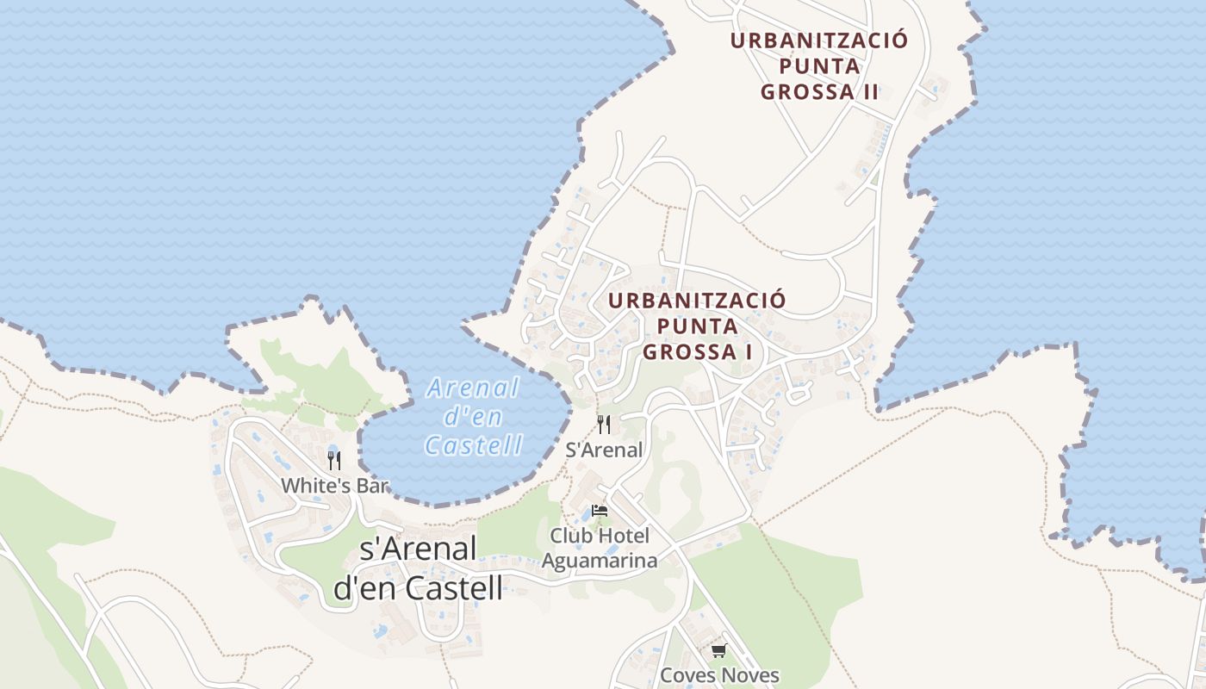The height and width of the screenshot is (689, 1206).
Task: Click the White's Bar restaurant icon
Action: pyautogui.click(x=333, y=461)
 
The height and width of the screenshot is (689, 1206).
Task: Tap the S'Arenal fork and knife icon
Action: pyautogui.click(x=604, y=425)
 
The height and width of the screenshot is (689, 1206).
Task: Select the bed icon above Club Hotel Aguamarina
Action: pyautogui.click(x=600, y=511)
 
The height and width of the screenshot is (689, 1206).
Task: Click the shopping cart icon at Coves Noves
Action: pyautogui.click(x=718, y=650)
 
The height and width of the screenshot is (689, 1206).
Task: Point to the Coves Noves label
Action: pyautogui.click(x=719, y=675)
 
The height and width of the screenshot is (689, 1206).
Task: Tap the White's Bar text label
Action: pyautogui.click(x=335, y=486)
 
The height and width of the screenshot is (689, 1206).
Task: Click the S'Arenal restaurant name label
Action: pyautogui.click(x=604, y=450)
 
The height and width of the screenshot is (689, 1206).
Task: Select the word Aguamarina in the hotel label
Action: pyautogui.click(x=600, y=561)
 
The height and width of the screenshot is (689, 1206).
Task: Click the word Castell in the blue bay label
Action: pyautogui.click(x=474, y=445)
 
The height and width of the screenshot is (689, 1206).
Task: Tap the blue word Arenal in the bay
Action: pyautogui.click(x=473, y=388)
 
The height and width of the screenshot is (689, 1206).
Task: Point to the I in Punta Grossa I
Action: pyautogui.click(x=749, y=352)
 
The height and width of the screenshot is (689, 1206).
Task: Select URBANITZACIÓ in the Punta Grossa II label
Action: pyautogui.click(x=819, y=40)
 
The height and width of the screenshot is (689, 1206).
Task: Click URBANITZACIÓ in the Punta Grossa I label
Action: pyautogui.click(x=697, y=301)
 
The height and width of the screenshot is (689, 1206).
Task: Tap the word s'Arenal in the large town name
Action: pyautogui.click(x=418, y=549)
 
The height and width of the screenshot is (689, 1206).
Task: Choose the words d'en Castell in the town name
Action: pyautogui.click(x=418, y=588)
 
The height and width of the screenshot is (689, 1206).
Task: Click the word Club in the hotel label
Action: pyautogui.click(x=571, y=536)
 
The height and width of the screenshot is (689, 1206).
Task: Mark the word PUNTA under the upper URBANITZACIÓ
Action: pyautogui.click(x=819, y=66)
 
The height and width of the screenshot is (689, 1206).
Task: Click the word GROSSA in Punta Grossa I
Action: pyautogui.click(x=691, y=352)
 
